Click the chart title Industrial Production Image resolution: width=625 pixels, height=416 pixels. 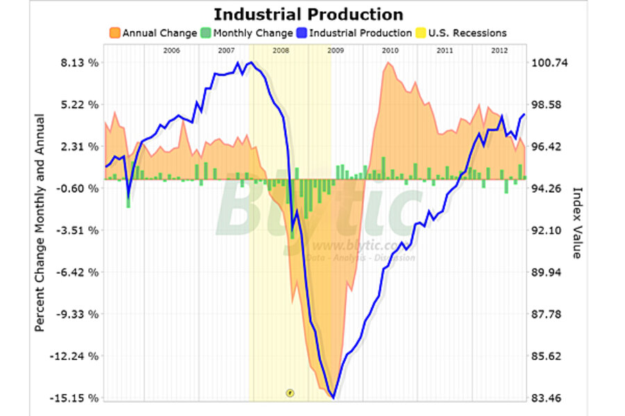[308, 15]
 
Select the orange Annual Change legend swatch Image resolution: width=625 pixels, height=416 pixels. [115, 33]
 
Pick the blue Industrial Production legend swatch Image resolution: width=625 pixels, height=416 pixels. [301, 33]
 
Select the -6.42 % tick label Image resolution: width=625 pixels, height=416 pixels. [79, 272]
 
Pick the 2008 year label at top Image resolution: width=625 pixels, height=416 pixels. [281, 51]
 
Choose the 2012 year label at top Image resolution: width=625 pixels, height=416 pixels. [499, 51]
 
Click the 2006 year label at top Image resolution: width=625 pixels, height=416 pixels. [172, 51]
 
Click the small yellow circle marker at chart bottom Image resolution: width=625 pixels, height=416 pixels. [290, 392]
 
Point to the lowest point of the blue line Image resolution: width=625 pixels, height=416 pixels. [333, 397]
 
